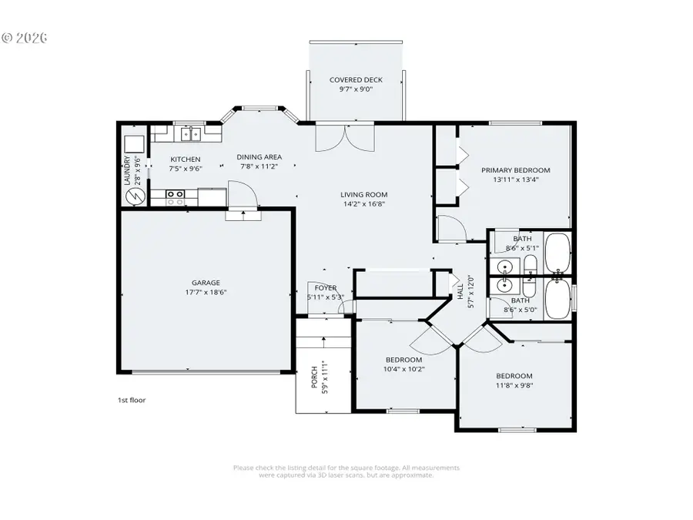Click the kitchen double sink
(189, 135)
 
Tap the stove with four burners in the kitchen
(176, 197)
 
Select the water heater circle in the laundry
(136, 196)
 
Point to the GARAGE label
(206, 283)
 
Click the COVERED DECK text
(356, 80)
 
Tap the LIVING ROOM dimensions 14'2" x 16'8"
(364, 205)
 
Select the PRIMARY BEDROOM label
(515, 170)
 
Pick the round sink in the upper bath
(504, 267)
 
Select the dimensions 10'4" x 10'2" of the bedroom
(404, 369)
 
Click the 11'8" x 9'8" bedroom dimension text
(514, 385)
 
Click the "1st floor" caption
(131, 400)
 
